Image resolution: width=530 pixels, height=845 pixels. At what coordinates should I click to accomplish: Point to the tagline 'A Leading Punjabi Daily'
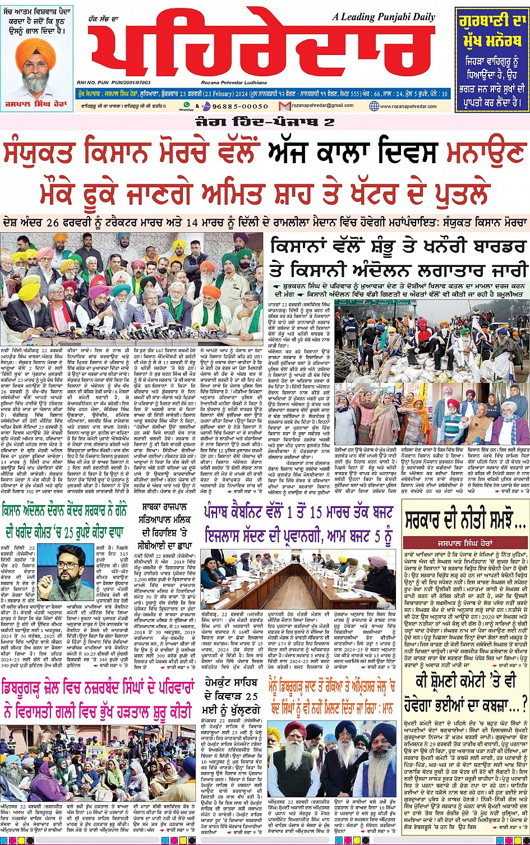pos(384,17)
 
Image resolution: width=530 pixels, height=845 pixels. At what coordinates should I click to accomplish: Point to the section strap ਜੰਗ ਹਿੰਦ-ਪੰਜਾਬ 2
pos(265,122)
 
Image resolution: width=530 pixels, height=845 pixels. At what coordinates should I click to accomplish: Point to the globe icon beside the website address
pos(375,106)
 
